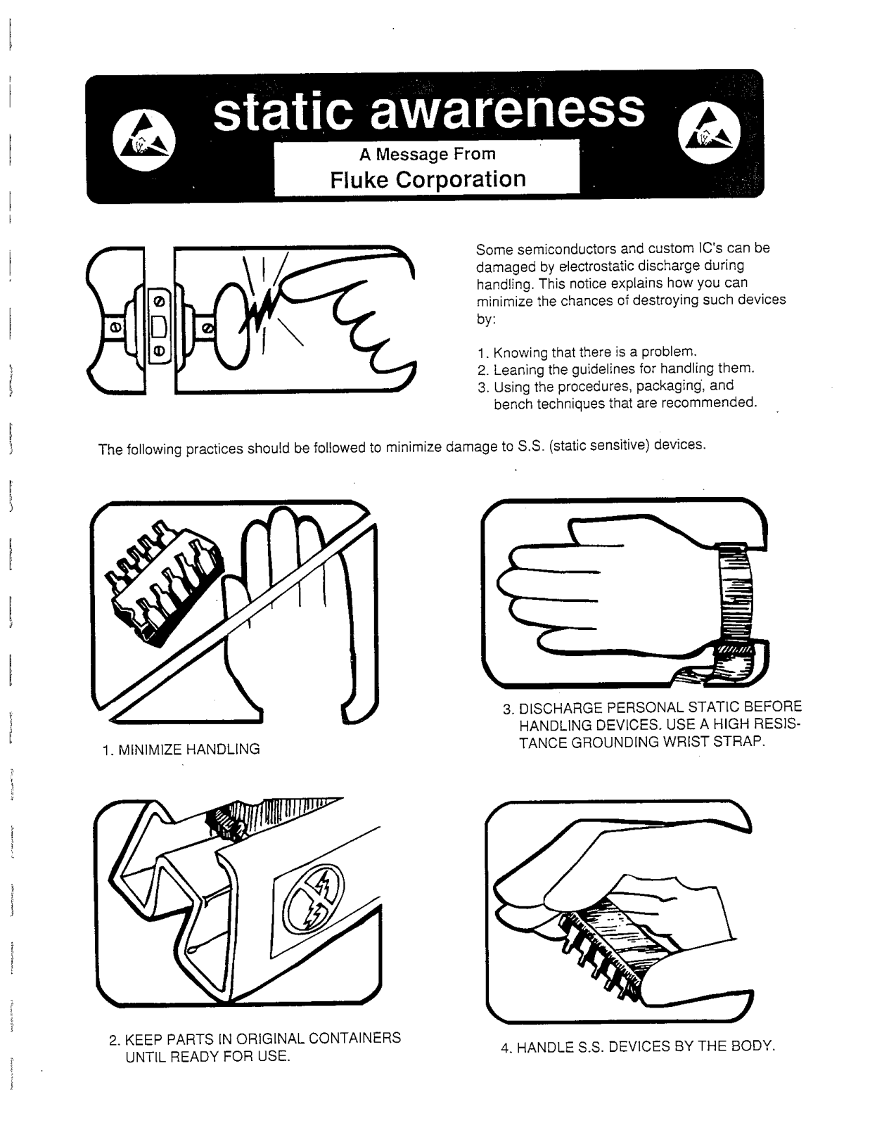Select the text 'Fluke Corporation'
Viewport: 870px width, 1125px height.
[428, 179]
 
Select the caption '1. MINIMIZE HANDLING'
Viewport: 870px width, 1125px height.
[181, 750]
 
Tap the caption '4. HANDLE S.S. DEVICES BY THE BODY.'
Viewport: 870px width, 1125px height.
[637, 1046]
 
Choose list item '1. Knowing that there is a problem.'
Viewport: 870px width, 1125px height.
[586, 352]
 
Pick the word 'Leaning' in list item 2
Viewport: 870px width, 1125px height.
[519, 369]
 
